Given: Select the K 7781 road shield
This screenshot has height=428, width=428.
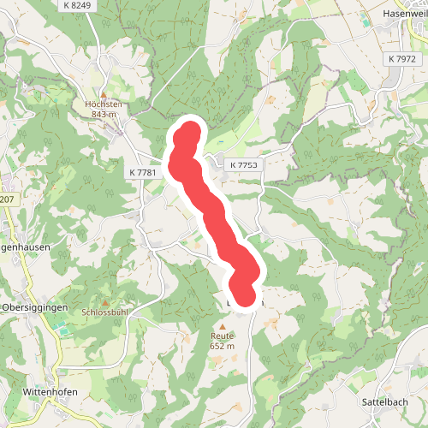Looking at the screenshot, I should click(144, 173).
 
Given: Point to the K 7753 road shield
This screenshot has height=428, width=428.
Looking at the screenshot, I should click(243, 163).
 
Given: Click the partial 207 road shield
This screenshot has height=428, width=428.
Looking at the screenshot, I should click(7, 199).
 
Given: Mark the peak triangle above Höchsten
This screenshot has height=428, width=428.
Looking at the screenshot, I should click(104, 95).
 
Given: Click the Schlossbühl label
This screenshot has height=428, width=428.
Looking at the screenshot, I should click(106, 312).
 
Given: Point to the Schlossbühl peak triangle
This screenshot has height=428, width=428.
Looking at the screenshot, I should click(105, 303).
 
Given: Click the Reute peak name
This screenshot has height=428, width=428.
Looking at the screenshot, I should click(223, 336).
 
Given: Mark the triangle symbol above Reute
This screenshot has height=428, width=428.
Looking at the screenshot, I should click(223, 327).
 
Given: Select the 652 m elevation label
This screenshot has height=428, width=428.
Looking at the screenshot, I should click(223, 347).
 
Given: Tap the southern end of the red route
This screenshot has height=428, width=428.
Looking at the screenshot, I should click(245, 295).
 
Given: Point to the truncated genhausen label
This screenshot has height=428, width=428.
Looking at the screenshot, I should click(24, 247).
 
